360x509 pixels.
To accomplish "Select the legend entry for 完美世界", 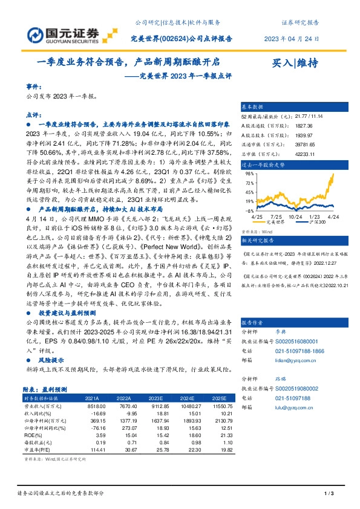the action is click(x=275, y=222).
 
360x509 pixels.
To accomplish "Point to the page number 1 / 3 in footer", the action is click(x=329, y=494).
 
